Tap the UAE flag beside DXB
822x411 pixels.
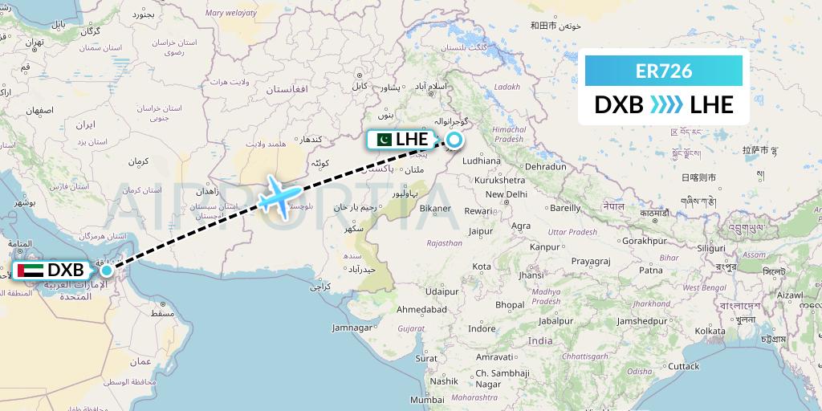point(30,271)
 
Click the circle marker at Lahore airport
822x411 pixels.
point(454,140)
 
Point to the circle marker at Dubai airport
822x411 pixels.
point(106,271)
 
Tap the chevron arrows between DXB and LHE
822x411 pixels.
point(665,105)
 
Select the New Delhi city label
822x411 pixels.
point(505,194)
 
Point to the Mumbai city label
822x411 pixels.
point(427,399)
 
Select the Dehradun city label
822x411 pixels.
point(546,166)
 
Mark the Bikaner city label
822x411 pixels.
point(436,209)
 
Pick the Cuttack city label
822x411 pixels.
point(683,366)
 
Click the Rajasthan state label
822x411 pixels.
point(444,242)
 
